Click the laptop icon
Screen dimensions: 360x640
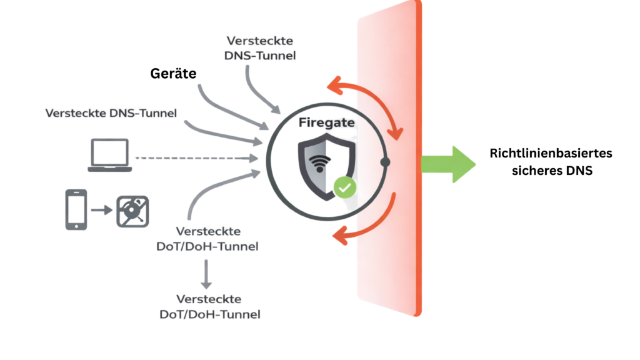109,155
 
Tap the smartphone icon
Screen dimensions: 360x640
75,209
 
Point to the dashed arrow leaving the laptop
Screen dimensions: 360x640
194,159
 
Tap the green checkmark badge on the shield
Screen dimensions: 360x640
343,187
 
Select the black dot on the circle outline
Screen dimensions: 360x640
385,162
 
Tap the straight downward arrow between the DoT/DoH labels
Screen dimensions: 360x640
206,274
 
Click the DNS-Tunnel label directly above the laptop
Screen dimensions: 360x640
111,113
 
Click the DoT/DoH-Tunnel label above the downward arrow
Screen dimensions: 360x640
207,239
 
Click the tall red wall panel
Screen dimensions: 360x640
391,262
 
